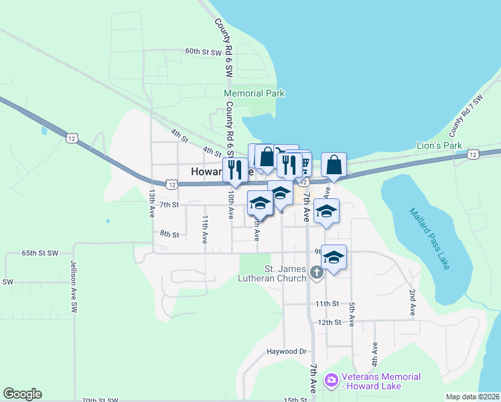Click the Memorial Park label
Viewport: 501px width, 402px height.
(x=255, y=94)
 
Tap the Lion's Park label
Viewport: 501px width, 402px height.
(x=439, y=145)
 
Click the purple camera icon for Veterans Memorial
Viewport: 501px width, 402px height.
(x=330, y=381)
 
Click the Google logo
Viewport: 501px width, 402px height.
(x=22, y=394)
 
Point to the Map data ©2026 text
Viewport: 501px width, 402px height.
(x=472, y=397)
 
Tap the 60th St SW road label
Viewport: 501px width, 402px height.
(x=204, y=52)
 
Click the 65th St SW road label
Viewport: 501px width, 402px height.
(x=40, y=253)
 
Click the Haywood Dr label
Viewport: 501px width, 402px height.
(x=286, y=351)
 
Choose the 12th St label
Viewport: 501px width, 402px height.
(x=330, y=322)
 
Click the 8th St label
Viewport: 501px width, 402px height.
(x=169, y=234)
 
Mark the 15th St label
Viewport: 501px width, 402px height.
(x=295, y=400)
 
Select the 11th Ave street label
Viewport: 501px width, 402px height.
(x=205, y=228)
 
